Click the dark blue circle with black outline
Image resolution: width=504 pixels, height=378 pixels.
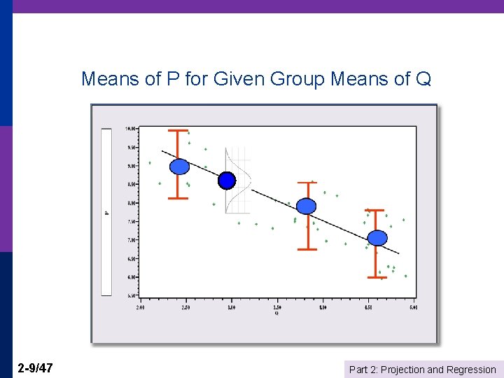pos(227,181)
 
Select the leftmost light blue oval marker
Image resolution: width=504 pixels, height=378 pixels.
pos(180,167)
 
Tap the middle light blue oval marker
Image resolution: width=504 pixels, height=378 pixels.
pos(307,206)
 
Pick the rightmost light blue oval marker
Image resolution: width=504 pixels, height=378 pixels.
pos(377,238)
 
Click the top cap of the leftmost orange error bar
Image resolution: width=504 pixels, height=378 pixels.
pos(178,130)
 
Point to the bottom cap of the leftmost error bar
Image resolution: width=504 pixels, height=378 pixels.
pos(178,198)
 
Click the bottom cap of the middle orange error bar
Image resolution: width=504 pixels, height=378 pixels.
pos(307,248)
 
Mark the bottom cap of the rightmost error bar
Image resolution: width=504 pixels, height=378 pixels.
pos(377,277)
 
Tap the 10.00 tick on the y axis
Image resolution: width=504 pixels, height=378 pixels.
pos(131,129)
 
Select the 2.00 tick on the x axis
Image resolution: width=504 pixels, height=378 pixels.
pos(141,307)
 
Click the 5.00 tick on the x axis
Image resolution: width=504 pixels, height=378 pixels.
pos(413,307)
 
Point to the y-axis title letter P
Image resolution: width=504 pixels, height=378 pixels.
pos(107,212)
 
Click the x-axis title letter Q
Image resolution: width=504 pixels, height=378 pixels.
pos(276,313)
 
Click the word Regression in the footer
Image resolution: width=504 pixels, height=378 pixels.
pos(471,370)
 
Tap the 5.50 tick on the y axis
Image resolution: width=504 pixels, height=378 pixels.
pos(131,295)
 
